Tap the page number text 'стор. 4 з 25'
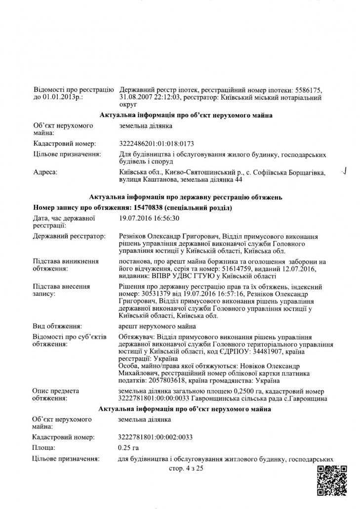click(x=186, y=469)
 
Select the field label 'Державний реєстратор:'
click(x=69, y=236)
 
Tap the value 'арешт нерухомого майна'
click(x=158, y=326)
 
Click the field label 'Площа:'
click(x=44, y=447)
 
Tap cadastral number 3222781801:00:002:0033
click(x=156, y=436)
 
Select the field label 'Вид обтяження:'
click(x=57, y=326)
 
